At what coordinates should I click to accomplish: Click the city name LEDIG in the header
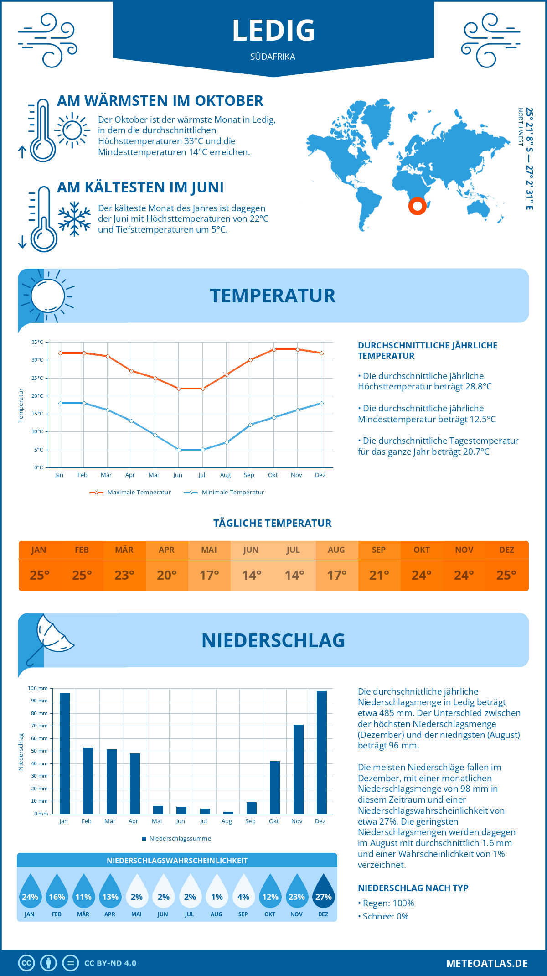click(273, 31)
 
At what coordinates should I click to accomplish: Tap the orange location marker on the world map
click(417, 206)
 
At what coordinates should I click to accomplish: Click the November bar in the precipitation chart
click(298, 769)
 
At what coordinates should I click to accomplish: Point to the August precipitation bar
click(228, 812)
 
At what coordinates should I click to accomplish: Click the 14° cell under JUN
click(251, 575)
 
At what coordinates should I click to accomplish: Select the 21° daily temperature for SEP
click(379, 575)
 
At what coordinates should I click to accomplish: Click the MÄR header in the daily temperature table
click(124, 550)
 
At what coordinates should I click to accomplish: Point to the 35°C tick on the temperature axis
click(37, 342)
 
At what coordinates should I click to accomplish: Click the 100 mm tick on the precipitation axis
click(38, 688)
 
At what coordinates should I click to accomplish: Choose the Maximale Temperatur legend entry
click(130, 493)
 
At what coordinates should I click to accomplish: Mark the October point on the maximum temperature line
click(274, 349)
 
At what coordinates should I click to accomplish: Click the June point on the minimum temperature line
click(179, 450)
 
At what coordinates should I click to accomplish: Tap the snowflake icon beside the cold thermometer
click(74, 219)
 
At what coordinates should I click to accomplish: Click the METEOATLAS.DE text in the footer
click(487, 963)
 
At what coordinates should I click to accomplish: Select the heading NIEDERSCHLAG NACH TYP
click(413, 888)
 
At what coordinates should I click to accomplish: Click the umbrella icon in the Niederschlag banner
click(51, 636)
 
